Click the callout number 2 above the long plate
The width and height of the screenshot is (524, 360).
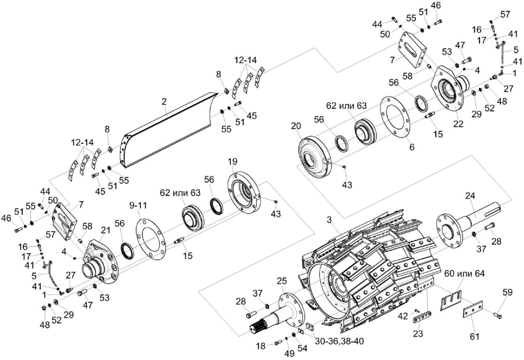coord(164,102)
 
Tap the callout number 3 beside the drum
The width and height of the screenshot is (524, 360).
coord(330,221)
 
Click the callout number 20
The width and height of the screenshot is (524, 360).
coord(296,126)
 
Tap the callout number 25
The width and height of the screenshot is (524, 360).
coord(281,280)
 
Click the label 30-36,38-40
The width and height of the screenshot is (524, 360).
coord(339,341)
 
